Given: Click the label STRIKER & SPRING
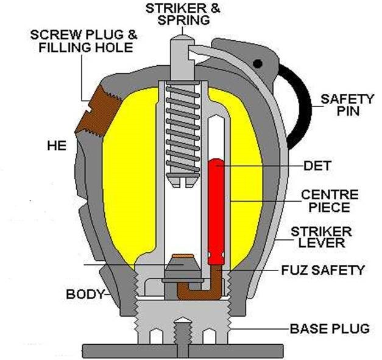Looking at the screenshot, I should tap(183, 14).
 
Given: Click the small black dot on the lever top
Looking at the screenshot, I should tap(258, 62).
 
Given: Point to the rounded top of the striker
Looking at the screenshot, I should tap(182, 37).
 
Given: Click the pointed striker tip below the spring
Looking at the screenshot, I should tap(183, 180).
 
